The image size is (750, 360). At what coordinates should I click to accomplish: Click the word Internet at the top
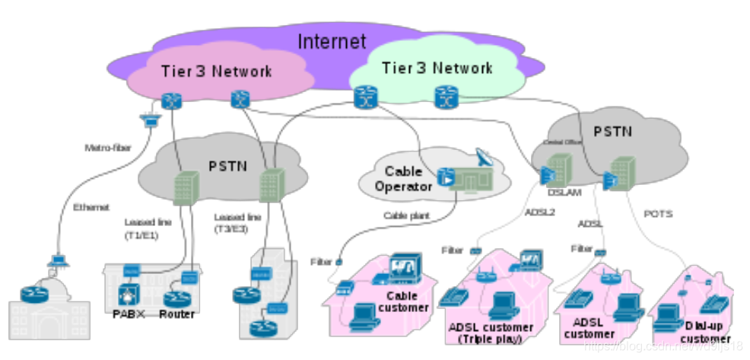point(331,41)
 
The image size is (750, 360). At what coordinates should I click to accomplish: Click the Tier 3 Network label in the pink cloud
point(216,72)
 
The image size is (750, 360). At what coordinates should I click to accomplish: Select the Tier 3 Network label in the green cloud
point(437,68)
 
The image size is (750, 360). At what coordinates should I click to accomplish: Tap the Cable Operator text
point(403,179)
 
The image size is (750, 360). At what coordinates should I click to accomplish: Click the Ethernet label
point(91,207)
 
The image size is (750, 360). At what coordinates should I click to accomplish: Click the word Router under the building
point(177,314)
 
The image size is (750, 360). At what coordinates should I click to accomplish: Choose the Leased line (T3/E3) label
point(238,222)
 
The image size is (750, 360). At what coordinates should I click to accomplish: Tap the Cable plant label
point(407,215)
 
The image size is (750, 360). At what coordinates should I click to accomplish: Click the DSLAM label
point(564,193)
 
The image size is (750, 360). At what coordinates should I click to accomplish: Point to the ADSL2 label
point(539,212)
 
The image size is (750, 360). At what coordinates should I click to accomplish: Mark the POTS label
point(658,214)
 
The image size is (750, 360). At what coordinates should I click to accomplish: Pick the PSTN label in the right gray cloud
point(612,131)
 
